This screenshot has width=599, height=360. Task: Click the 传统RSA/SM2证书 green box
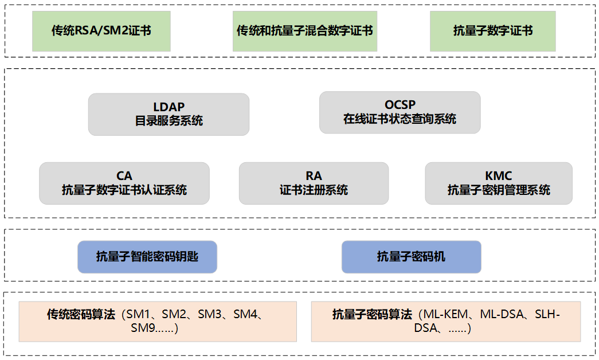(101, 31)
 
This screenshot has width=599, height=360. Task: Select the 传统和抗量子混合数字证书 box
(304, 31)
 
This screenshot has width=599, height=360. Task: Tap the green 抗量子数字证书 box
(492, 31)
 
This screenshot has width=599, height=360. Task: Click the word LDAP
(169, 107)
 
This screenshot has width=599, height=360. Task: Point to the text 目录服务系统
(169, 121)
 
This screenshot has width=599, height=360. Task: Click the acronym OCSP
(400, 105)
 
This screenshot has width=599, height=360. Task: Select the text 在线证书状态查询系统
(400, 119)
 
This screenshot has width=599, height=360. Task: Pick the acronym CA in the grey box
(124, 176)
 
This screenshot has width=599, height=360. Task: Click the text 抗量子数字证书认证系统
(124, 190)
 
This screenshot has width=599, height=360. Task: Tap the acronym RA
(314, 176)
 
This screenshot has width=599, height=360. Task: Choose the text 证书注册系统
(314, 190)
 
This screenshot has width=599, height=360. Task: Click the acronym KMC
(498, 176)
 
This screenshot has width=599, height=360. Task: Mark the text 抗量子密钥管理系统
(498, 190)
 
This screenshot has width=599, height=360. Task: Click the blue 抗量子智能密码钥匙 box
(147, 257)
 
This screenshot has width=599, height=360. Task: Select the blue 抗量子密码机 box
(411, 257)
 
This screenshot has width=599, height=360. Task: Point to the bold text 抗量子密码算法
(372, 314)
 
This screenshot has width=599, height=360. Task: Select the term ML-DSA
(503, 314)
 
